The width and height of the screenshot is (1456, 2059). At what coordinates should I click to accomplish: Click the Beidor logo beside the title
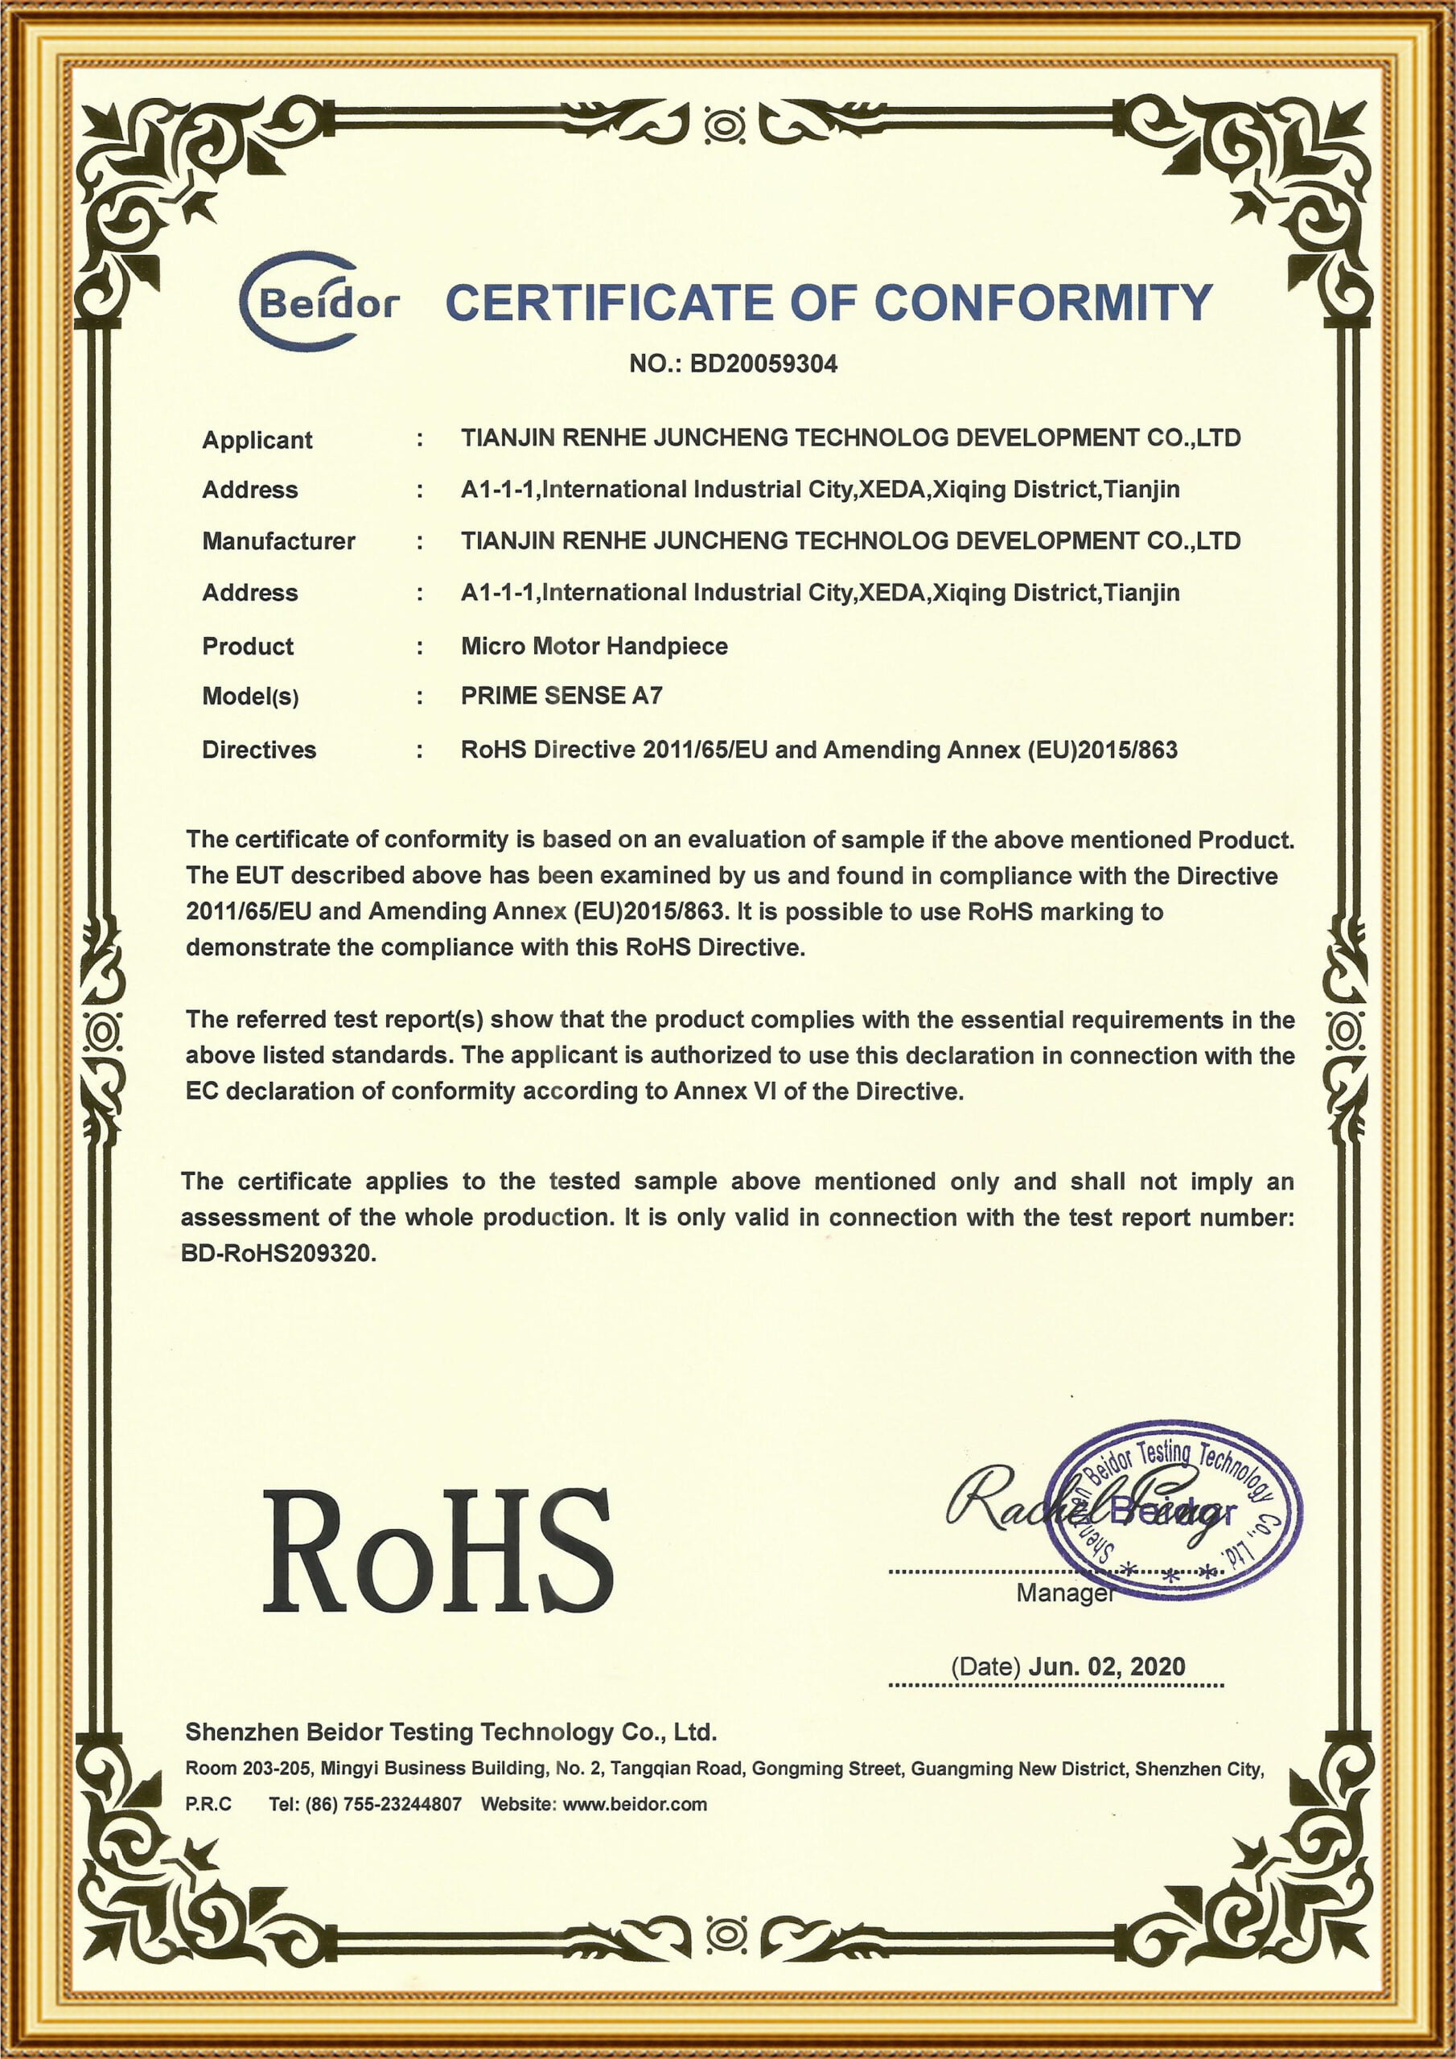(319, 302)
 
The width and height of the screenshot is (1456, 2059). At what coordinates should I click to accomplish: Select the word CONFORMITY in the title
(1043, 303)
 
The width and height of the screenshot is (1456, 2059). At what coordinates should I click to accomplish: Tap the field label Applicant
(257, 439)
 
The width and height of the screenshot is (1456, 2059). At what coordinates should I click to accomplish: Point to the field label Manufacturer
(278, 540)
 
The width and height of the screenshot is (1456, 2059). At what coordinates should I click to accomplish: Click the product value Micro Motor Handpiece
(594, 646)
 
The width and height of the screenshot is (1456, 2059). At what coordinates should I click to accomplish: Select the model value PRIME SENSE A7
(561, 696)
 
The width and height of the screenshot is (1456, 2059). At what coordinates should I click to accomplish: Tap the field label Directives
(258, 750)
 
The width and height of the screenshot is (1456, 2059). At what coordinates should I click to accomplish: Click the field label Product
(248, 646)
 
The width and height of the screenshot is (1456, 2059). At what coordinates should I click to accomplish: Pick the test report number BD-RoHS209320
(278, 1254)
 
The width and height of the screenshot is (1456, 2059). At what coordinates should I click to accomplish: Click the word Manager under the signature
(1065, 1593)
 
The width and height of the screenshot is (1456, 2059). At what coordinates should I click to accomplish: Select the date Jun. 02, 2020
(1106, 1667)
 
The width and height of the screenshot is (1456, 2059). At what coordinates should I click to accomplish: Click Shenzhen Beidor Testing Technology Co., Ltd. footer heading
(450, 1732)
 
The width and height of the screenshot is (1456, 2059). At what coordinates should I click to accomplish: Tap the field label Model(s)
(249, 697)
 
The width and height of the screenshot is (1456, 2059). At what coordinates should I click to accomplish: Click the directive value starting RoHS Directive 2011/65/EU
(818, 750)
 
